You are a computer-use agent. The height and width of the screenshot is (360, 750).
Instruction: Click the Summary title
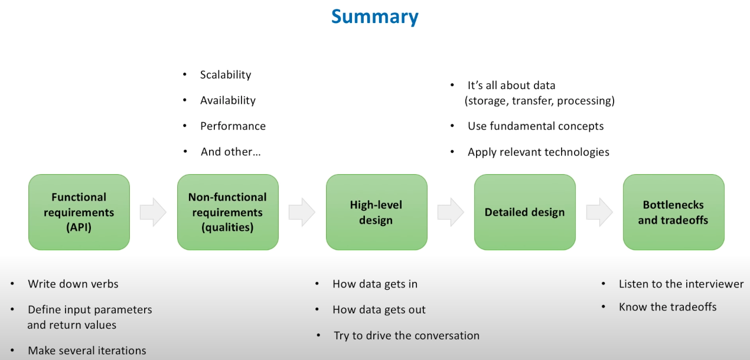pyautogui.click(x=374, y=16)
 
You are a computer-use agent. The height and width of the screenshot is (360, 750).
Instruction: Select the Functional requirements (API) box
pyautogui.click(x=79, y=212)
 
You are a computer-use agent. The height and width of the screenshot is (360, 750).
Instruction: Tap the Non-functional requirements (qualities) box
pyautogui.click(x=227, y=212)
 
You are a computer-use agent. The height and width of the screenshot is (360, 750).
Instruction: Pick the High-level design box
pyautogui.click(x=376, y=212)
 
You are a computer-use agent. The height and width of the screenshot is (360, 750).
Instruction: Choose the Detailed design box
pyautogui.click(x=524, y=212)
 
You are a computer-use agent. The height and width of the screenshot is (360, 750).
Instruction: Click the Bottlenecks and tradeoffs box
pyautogui.click(x=673, y=212)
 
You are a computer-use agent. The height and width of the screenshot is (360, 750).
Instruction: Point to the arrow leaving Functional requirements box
pyautogui.click(x=154, y=212)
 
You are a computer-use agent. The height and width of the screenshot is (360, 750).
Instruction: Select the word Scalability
pyautogui.click(x=226, y=75)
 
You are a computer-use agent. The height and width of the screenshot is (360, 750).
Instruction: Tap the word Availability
pyautogui.click(x=228, y=100)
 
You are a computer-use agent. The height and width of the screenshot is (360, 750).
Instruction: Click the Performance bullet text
pyautogui.click(x=233, y=126)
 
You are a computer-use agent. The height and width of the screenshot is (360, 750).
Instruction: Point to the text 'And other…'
pyautogui.click(x=230, y=152)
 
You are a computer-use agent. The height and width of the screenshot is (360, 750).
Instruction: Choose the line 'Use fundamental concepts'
pyautogui.click(x=536, y=126)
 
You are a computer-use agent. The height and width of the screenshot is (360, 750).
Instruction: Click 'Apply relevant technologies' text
pyautogui.click(x=538, y=152)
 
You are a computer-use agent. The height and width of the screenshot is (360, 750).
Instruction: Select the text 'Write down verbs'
pyautogui.click(x=73, y=284)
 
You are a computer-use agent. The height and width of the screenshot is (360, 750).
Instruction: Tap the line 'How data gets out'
pyautogui.click(x=379, y=310)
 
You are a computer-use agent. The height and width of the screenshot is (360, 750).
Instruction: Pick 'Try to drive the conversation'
pyautogui.click(x=406, y=336)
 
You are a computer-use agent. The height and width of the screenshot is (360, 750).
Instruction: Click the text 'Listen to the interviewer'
pyautogui.click(x=681, y=284)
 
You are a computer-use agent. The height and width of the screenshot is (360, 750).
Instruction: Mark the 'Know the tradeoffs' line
pyautogui.click(x=667, y=307)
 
